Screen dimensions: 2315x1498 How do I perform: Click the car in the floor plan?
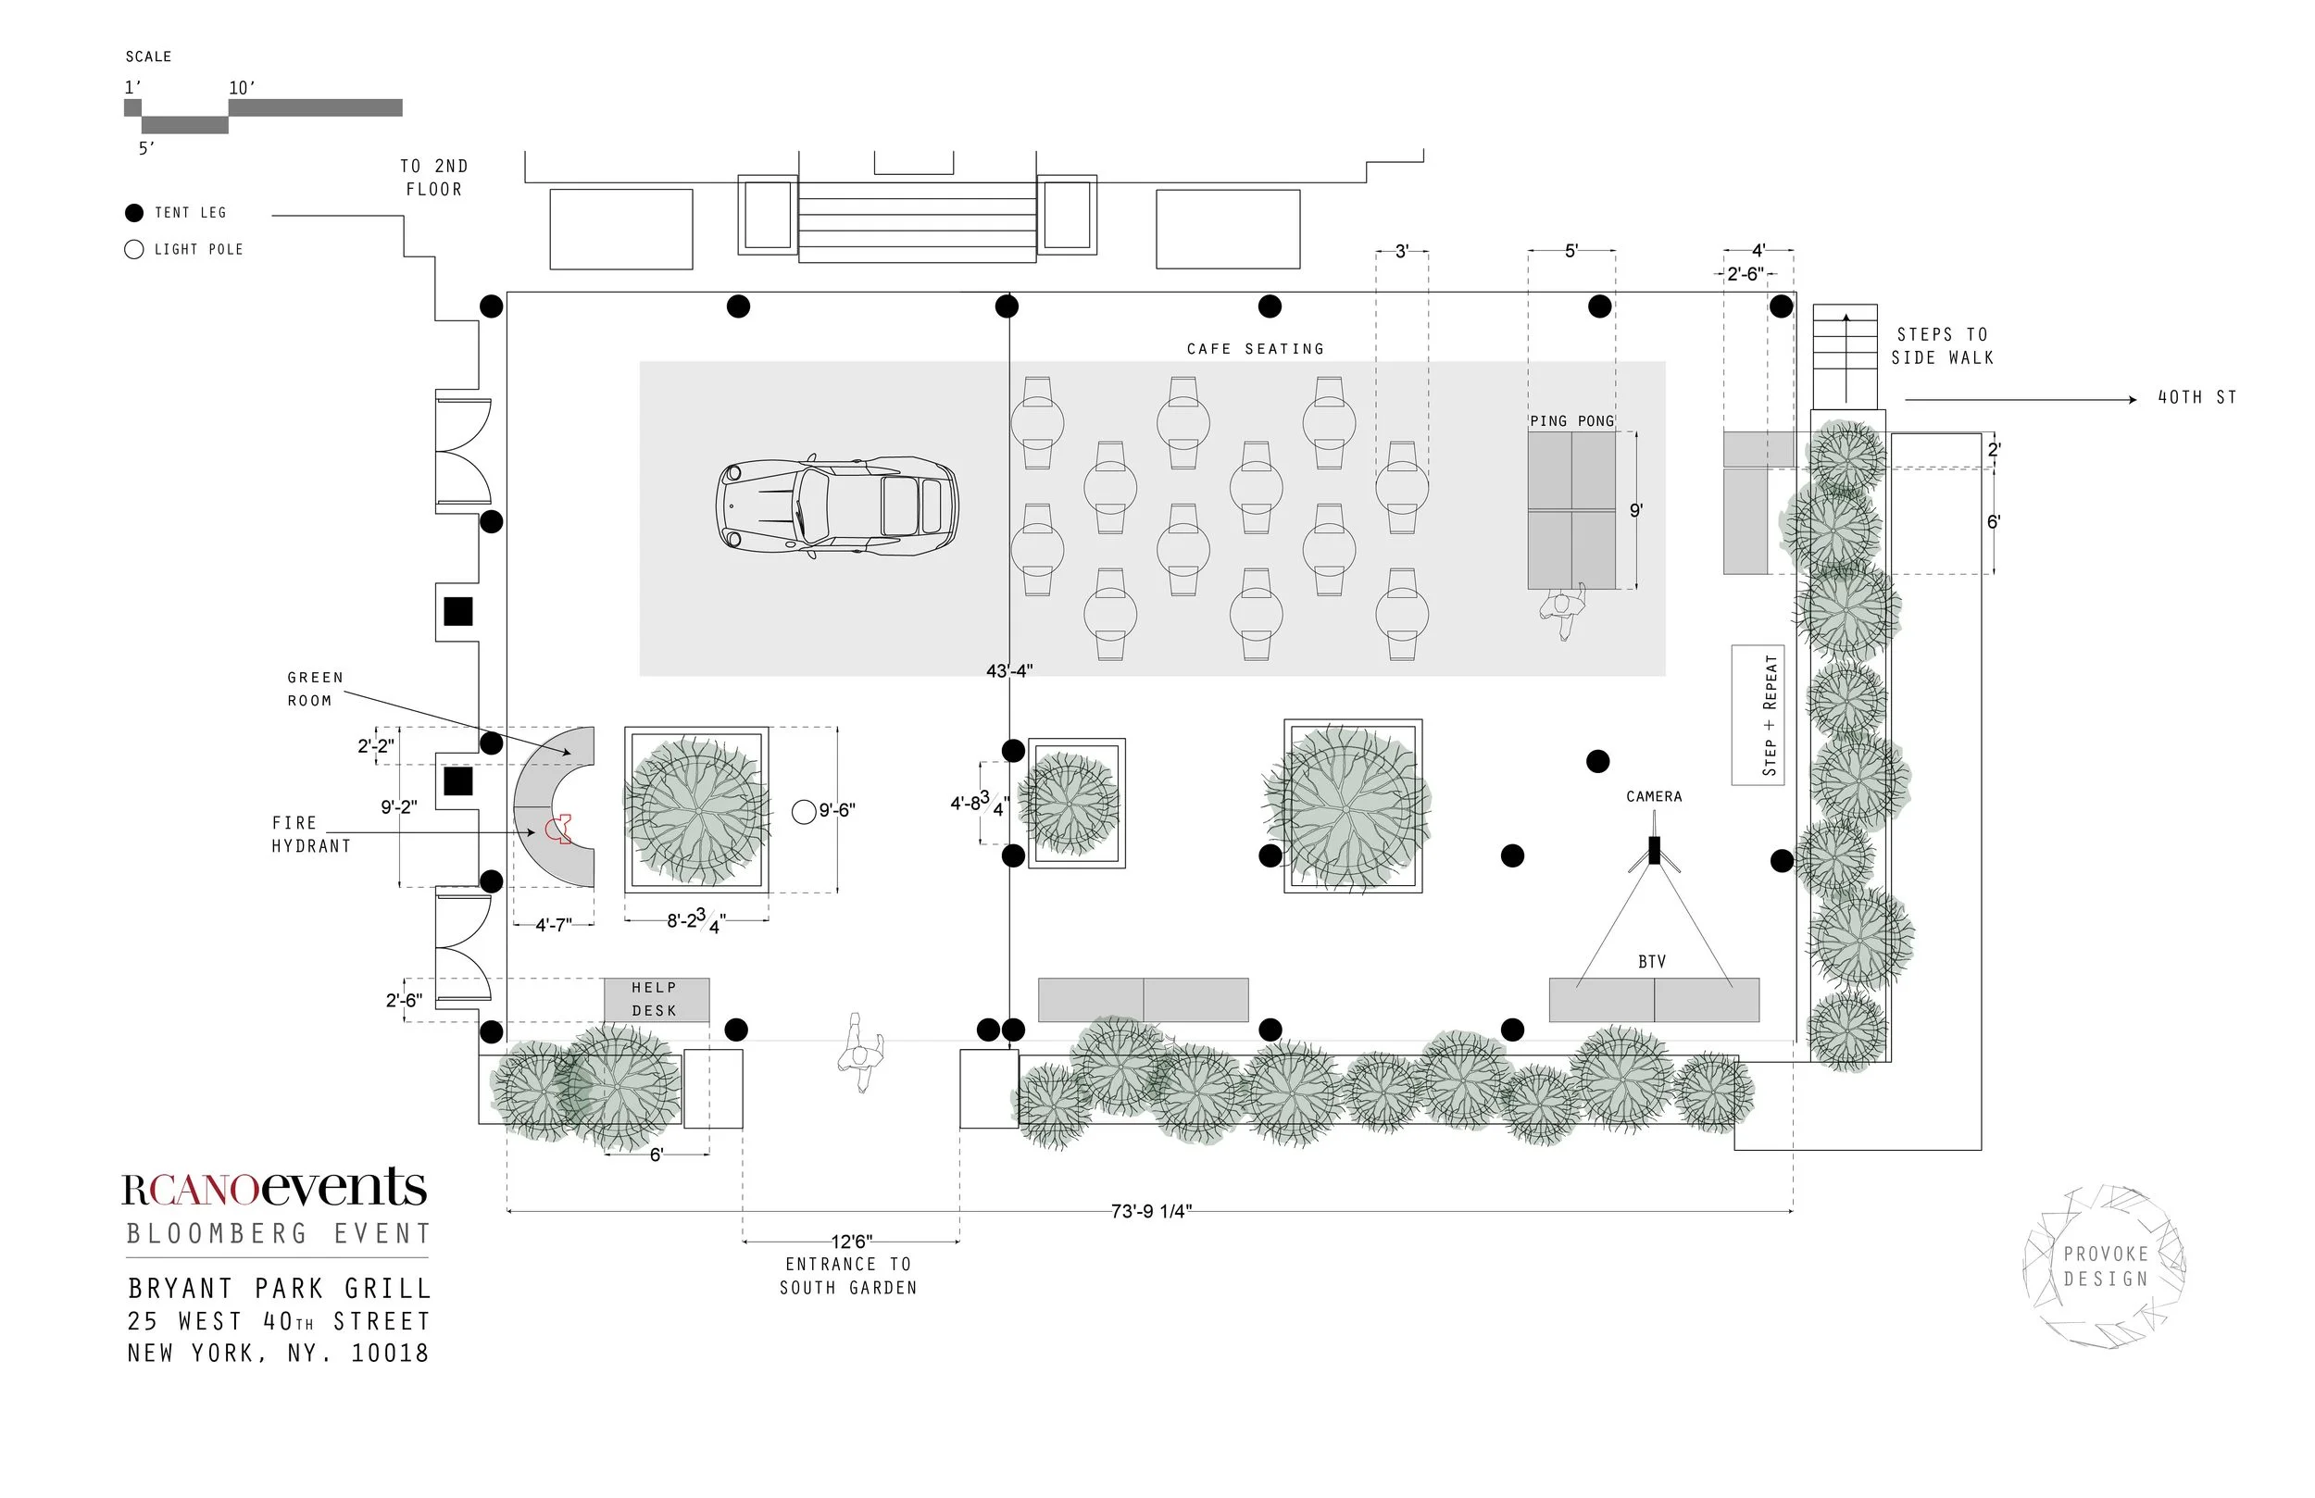coord(836,506)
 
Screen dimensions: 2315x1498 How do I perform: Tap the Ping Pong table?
coord(1571,510)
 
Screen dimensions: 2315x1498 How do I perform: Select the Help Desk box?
coord(657,1000)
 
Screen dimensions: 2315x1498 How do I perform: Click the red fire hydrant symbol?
coord(558,829)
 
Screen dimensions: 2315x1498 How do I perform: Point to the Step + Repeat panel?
coord(1758,714)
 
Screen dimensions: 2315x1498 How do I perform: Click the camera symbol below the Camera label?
coord(1654,851)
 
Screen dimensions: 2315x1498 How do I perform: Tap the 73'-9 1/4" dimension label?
coord(1151,1211)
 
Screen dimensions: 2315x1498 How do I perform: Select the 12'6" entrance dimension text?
coord(851,1242)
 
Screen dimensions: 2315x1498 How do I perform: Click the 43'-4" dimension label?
coord(1008,670)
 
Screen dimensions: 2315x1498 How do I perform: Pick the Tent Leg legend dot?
coord(134,213)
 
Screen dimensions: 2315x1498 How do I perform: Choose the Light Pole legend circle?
coord(134,250)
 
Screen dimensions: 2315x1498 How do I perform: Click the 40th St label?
coord(2197,397)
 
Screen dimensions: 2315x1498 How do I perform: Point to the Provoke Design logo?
coord(2105,1267)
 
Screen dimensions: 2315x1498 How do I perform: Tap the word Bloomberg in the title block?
coord(217,1233)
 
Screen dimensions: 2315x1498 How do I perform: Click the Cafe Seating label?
coord(1255,348)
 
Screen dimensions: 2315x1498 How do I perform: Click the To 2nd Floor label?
coord(433,178)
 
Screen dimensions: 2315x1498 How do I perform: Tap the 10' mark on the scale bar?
coord(243,88)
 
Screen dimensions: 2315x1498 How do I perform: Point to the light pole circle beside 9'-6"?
coord(804,811)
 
